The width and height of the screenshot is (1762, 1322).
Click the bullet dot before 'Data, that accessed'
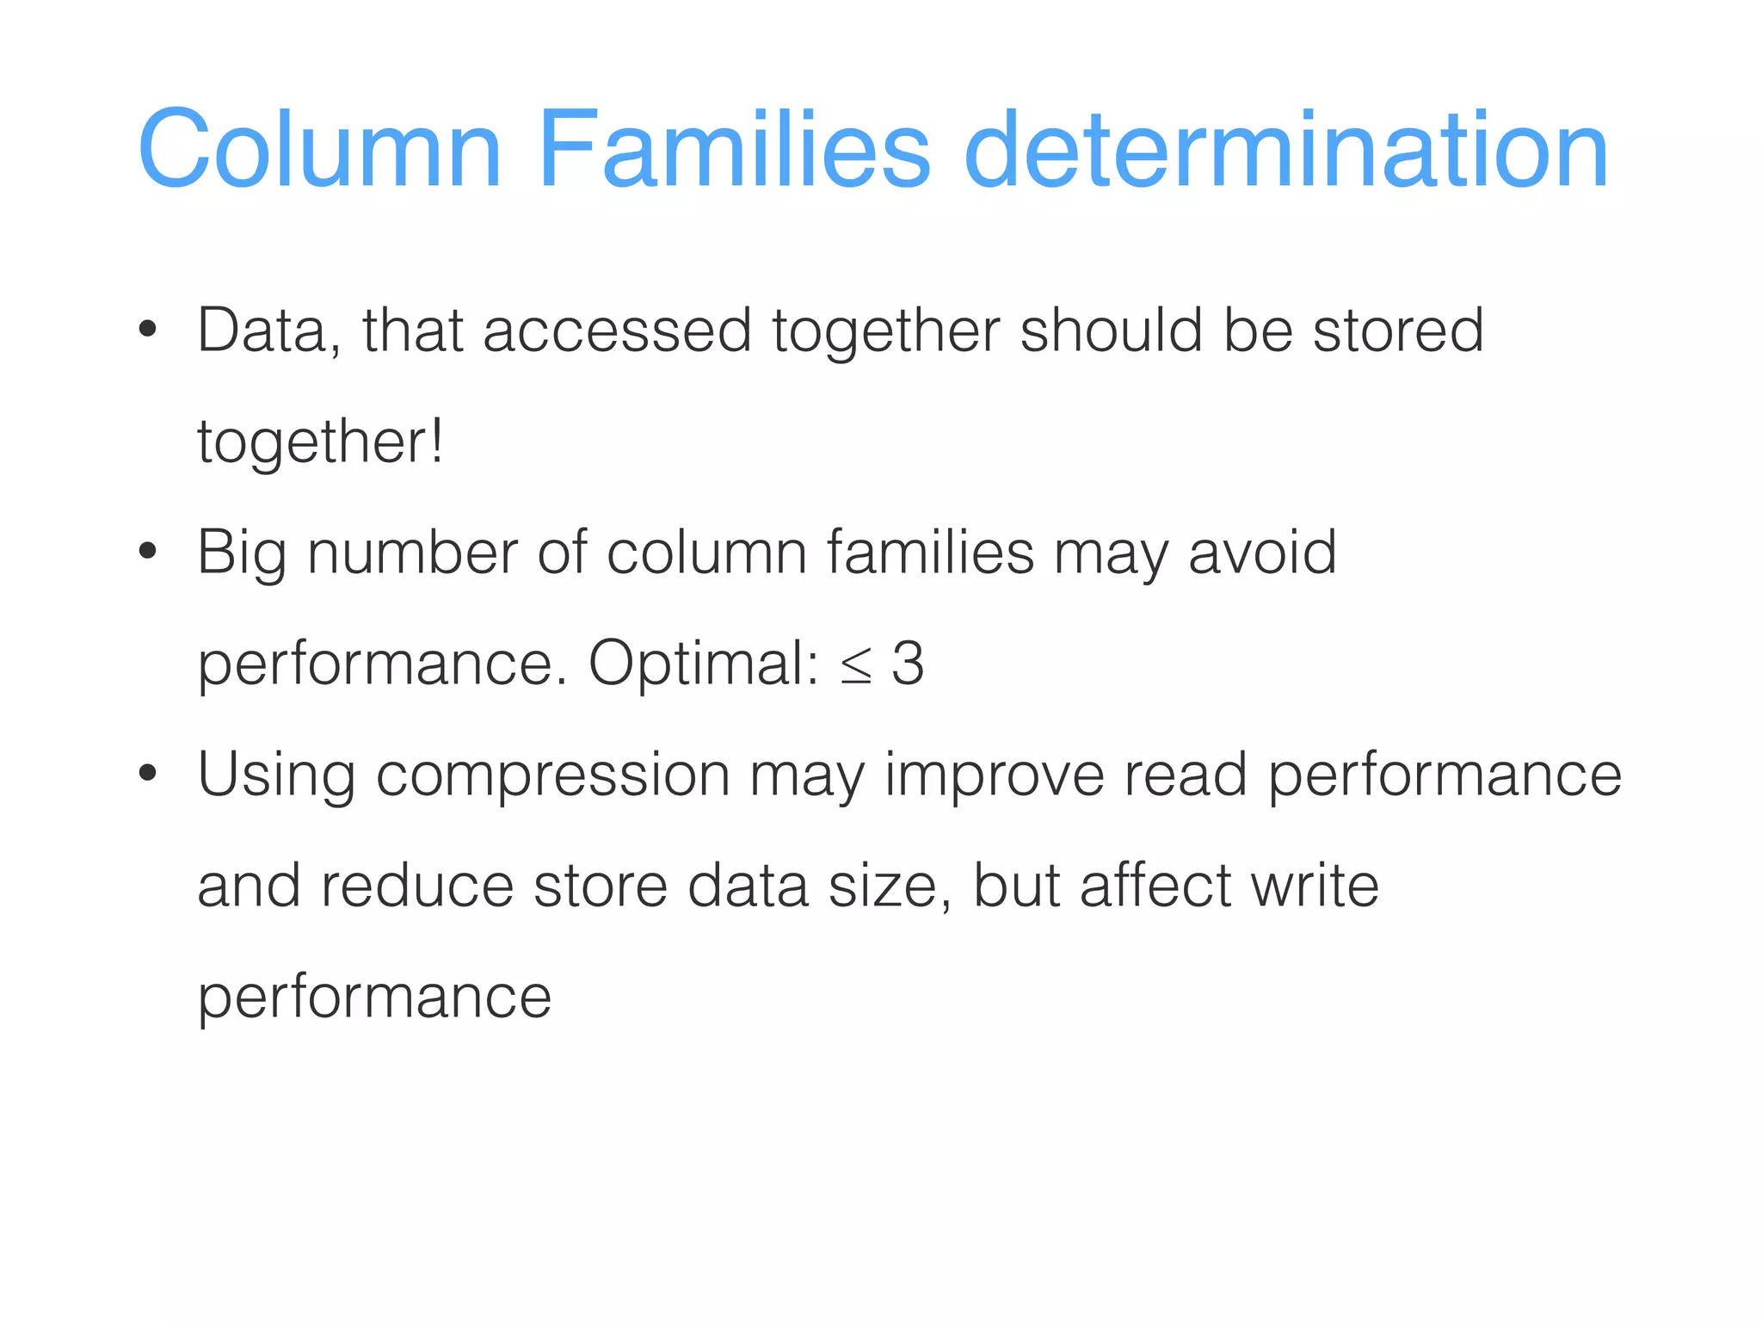coord(148,330)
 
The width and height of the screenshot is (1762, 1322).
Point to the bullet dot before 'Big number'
coord(148,552)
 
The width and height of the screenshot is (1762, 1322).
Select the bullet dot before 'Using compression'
coord(148,773)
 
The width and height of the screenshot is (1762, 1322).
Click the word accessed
coord(617,330)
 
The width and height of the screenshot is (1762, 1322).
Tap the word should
coord(1111,330)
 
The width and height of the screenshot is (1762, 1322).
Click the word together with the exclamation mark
coord(320,442)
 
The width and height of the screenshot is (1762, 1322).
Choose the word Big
coord(241,553)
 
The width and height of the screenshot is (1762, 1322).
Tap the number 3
coord(908,664)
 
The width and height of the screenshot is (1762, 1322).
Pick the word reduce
coord(417,886)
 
